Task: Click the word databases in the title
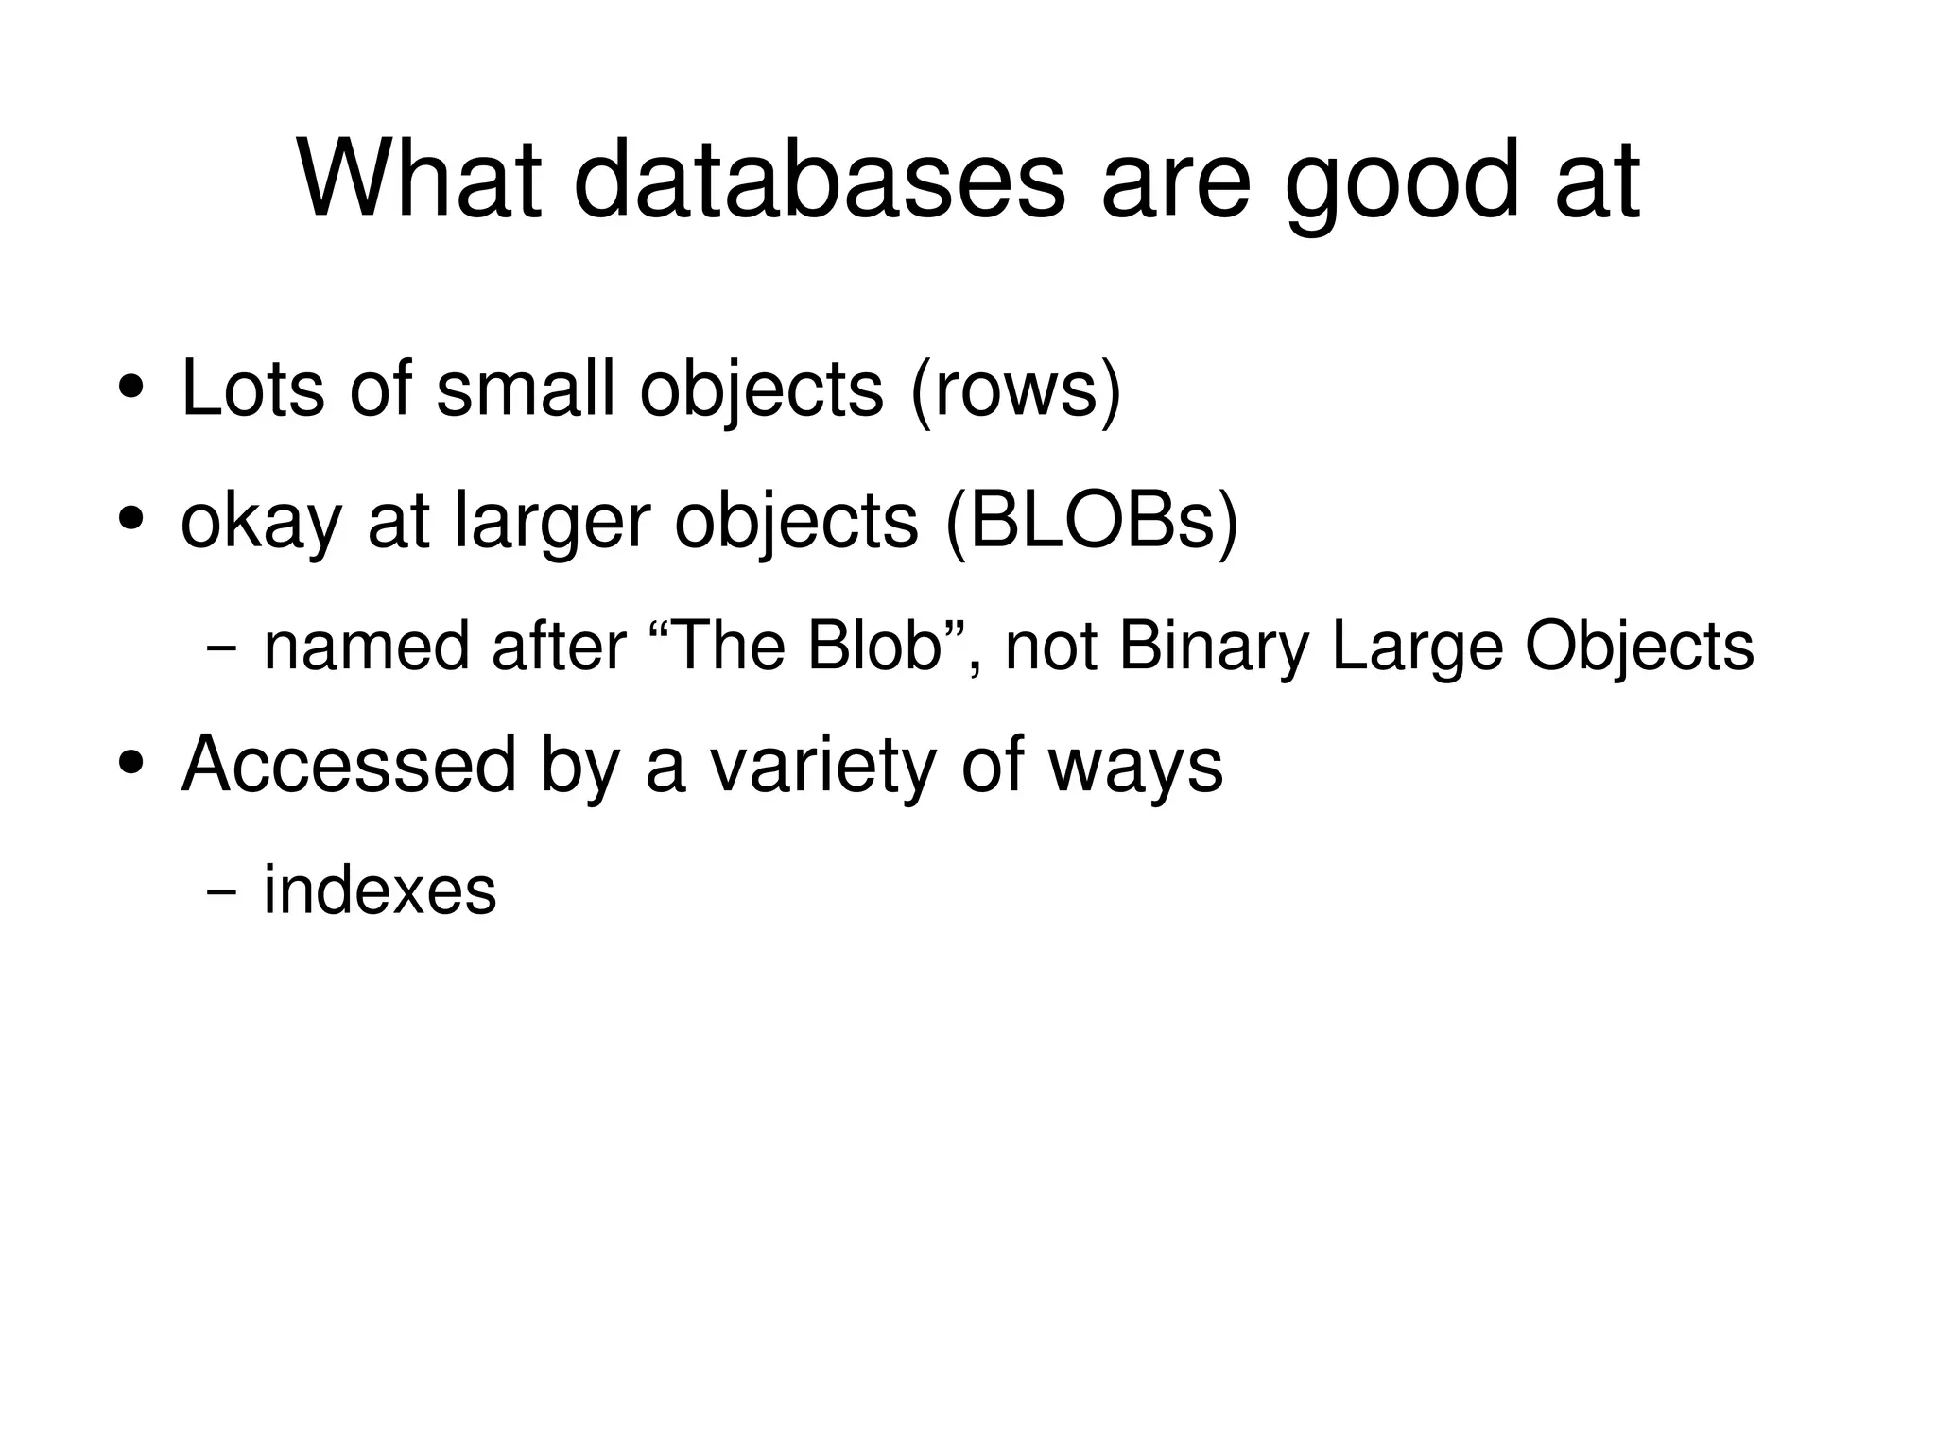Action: pyautogui.click(x=819, y=180)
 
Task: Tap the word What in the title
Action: pyautogui.click(x=420, y=180)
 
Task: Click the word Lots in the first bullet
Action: pyautogui.click(x=252, y=388)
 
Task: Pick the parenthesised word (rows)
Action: pyautogui.click(x=1014, y=389)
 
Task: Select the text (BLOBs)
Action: pyautogui.click(x=1091, y=522)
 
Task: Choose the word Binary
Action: pyautogui.click(x=1214, y=648)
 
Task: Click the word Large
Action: pyautogui.click(x=1417, y=648)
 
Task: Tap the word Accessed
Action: pyautogui.click(x=348, y=764)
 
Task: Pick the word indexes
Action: pyautogui.click(x=379, y=890)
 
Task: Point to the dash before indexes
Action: pyautogui.click(x=221, y=892)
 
